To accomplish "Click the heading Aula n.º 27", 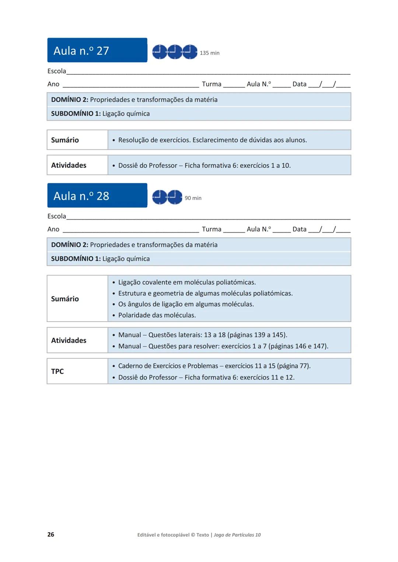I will (81, 50).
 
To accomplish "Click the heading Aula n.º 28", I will (81, 196).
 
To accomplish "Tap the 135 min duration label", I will (209, 53).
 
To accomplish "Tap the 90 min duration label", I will (193, 198).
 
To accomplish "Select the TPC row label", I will (57, 371).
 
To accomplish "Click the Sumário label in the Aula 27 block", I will (65, 140).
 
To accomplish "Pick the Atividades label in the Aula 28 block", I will (69, 340).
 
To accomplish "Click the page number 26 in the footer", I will (51, 534).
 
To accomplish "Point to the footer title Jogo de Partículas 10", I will (237, 535).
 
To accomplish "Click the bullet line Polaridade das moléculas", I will (157, 315).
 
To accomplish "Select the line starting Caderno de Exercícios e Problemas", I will (214, 366).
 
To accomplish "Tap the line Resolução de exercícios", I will (212, 140).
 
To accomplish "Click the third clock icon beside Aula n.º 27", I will (190, 52).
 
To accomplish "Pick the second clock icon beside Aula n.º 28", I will (175, 197).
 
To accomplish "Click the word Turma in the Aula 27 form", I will (212, 84).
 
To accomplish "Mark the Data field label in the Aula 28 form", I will (299, 229).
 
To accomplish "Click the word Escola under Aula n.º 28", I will (57, 216).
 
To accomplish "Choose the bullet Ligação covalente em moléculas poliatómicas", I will (187, 282).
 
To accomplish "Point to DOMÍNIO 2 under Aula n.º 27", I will (69, 100).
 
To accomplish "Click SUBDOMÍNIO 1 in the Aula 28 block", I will (76, 259).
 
